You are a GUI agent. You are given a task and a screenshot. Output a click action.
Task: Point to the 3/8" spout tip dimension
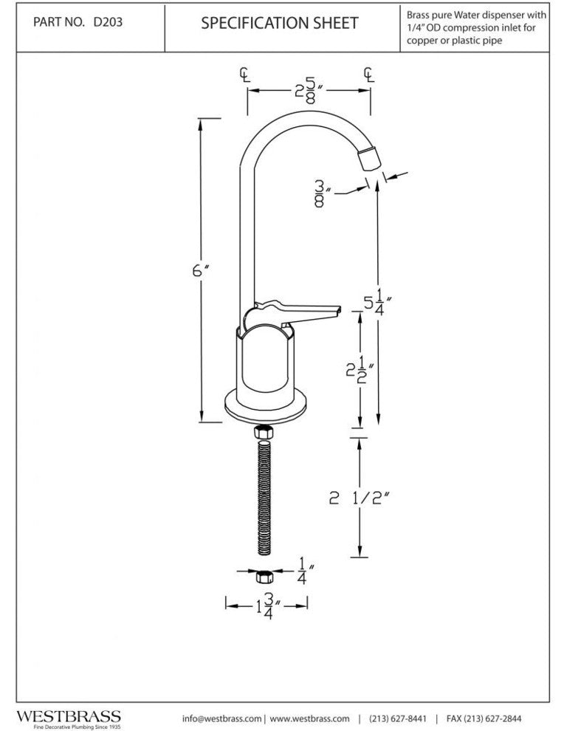point(320,192)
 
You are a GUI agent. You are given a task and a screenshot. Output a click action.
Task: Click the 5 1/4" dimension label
point(379,303)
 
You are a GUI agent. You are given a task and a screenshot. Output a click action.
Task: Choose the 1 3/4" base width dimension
point(264,605)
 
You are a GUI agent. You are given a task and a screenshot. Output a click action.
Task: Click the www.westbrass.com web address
point(309,718)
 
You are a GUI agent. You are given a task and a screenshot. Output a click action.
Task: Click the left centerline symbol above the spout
point(245,74)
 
